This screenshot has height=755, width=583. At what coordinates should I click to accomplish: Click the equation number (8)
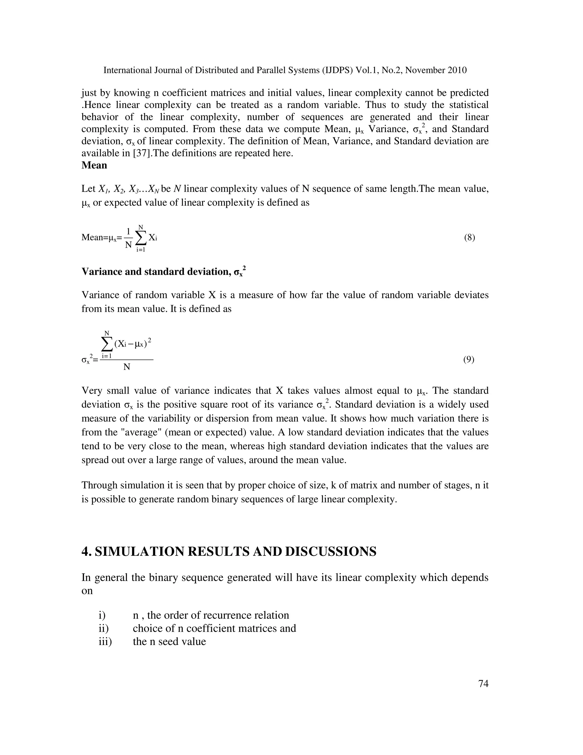[469, 238]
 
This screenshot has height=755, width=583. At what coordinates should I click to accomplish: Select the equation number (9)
[469, 360]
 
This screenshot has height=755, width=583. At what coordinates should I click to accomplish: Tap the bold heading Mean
[94, 165]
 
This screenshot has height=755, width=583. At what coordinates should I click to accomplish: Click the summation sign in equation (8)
[141, 238]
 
